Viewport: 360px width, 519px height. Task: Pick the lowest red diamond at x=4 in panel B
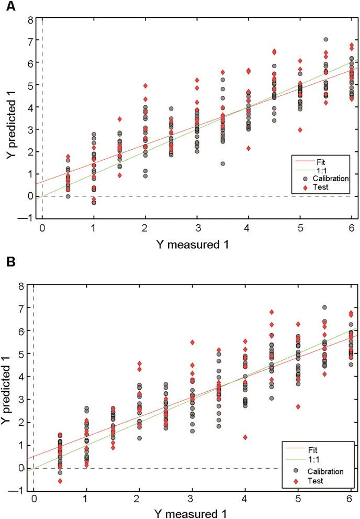245,437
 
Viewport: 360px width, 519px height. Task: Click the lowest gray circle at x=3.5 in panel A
223,163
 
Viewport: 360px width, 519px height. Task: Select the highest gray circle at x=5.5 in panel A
325,40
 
